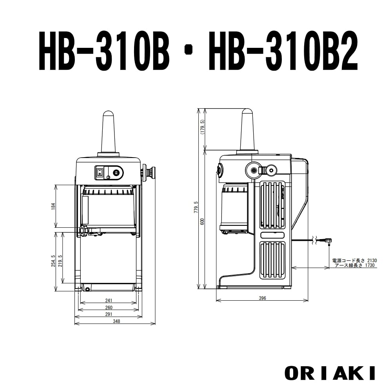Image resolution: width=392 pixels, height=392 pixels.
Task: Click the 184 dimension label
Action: [53, 206]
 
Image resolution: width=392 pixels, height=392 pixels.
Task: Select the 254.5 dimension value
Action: [53, 261]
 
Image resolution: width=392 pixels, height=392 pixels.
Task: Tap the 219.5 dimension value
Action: [60, 261]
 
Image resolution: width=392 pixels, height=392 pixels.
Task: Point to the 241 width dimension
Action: [109, 301]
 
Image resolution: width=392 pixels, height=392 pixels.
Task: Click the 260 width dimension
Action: [109, 307]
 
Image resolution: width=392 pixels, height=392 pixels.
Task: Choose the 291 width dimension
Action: [109, 314]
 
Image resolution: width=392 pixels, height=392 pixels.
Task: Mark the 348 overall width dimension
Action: [116, 321]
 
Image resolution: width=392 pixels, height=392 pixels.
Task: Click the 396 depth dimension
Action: [263, 298]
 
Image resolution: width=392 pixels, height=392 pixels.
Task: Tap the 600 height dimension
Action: [203, 221]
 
